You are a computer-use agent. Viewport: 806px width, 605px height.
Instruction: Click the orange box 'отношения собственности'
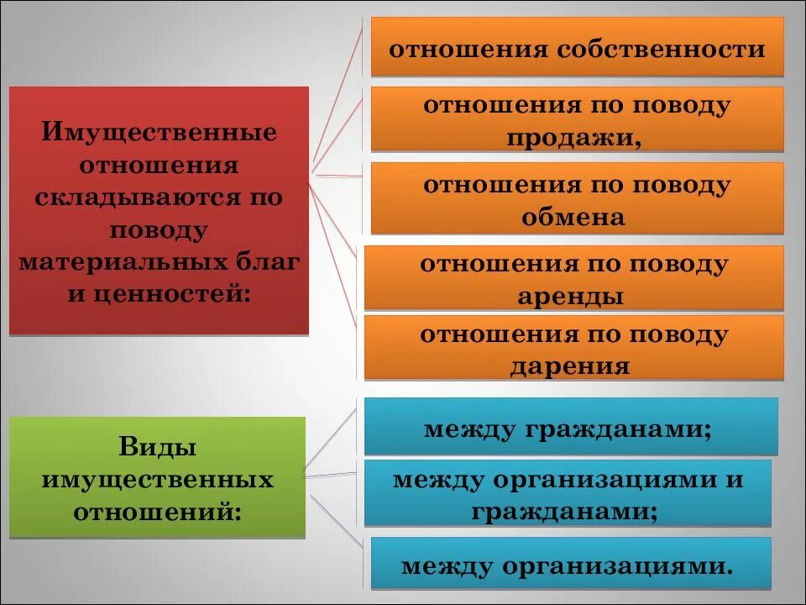point(577,47)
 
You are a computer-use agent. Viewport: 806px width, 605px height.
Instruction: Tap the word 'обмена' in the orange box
point(573,217)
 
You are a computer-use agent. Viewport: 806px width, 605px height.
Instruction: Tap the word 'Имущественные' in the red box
point(160,133)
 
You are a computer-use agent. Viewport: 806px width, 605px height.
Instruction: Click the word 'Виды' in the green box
point(157,447)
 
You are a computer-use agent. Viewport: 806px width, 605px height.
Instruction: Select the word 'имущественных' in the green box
point(157,479)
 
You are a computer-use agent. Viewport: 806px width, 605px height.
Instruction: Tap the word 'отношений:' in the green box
point(157,510)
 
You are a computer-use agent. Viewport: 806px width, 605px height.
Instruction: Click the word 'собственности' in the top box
point(658,48)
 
